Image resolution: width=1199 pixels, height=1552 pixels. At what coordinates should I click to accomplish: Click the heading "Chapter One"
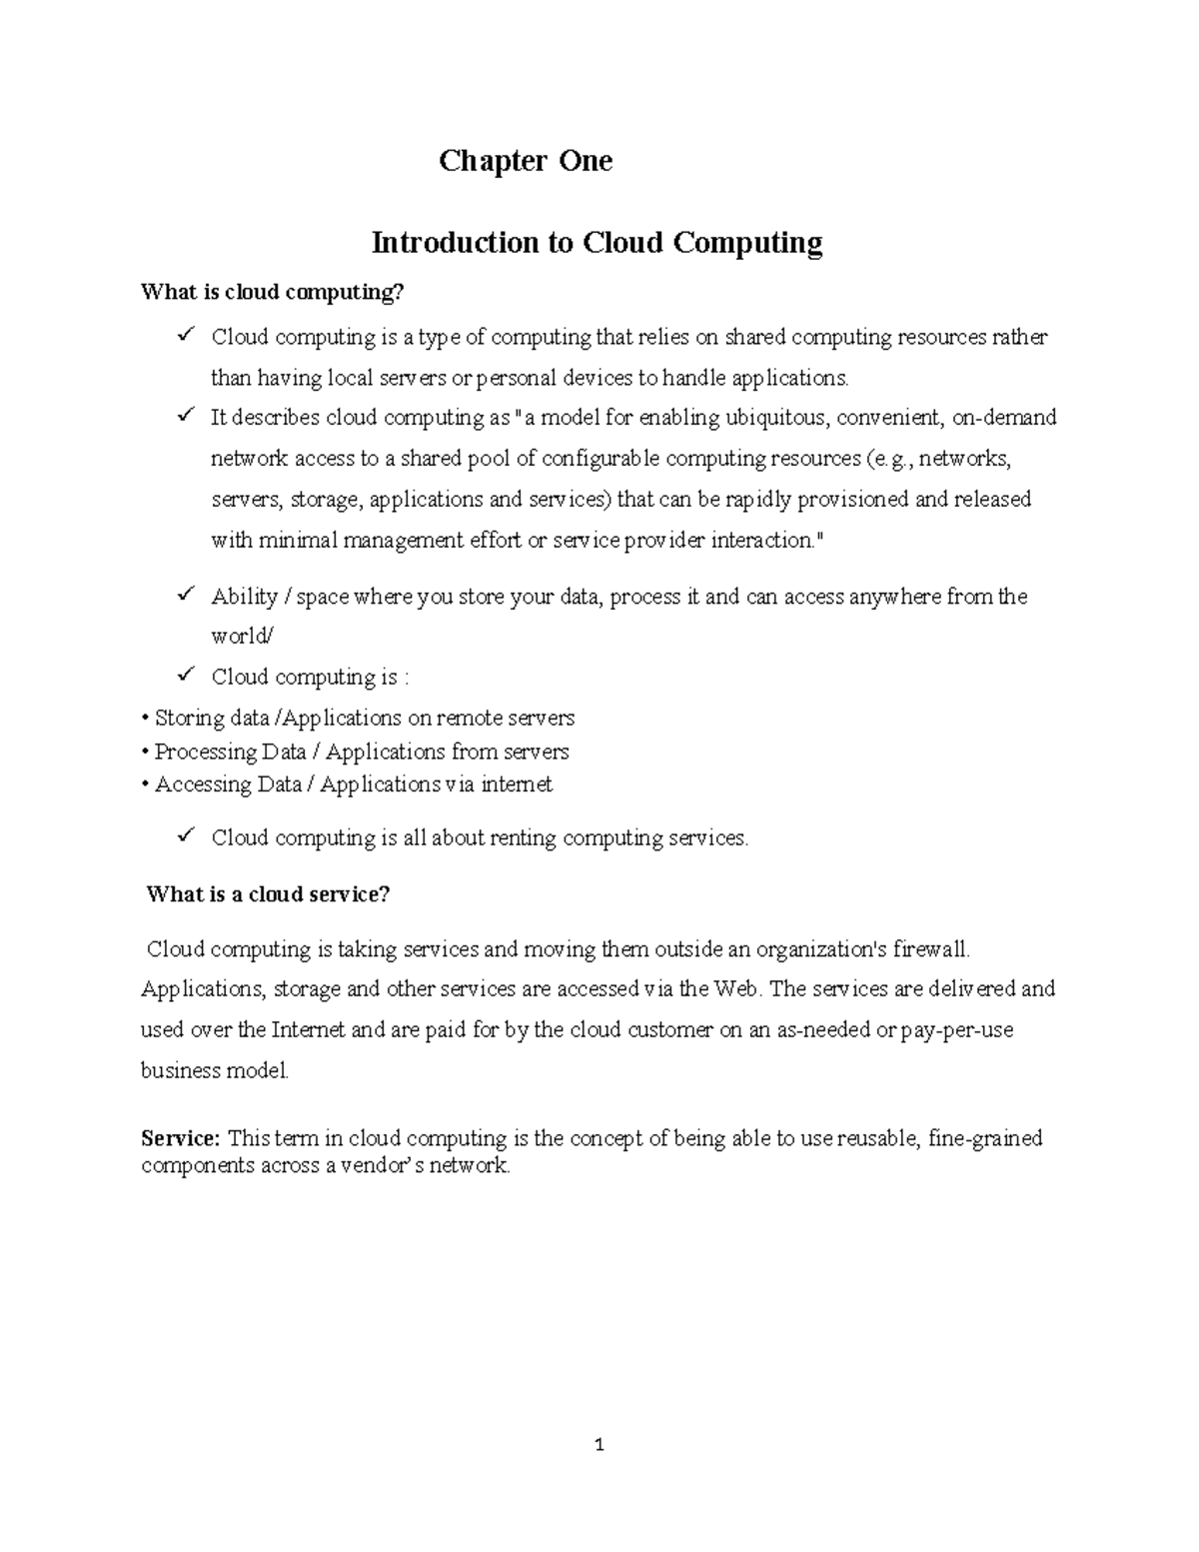point(525,161)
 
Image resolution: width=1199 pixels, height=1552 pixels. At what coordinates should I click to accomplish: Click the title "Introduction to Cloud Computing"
point(597,243)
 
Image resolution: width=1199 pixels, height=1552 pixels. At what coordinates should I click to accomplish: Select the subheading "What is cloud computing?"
point(274,293)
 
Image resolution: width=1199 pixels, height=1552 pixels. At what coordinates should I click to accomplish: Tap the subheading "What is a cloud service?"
point(268,894)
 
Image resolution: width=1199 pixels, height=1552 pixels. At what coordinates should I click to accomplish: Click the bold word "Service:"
point(180,1138)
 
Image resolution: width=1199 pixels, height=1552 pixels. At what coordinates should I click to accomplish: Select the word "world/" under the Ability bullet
point(241,637)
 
